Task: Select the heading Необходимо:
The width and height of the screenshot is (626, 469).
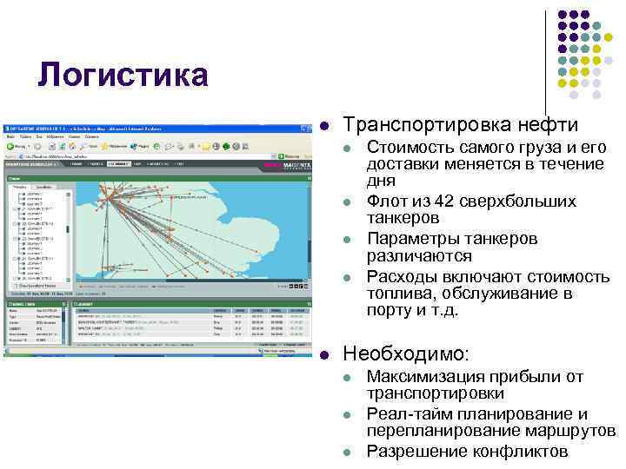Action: (x=406, y=354)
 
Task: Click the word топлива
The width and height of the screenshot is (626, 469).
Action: (x=400, y=294)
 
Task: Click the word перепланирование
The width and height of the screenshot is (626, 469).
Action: (x=441, y=431)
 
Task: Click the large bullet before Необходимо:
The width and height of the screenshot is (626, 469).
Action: (x=323, y=354)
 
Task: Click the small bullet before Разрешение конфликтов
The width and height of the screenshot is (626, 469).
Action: (x=348, y=452)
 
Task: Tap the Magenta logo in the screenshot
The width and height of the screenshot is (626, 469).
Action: (x=285, y=164)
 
